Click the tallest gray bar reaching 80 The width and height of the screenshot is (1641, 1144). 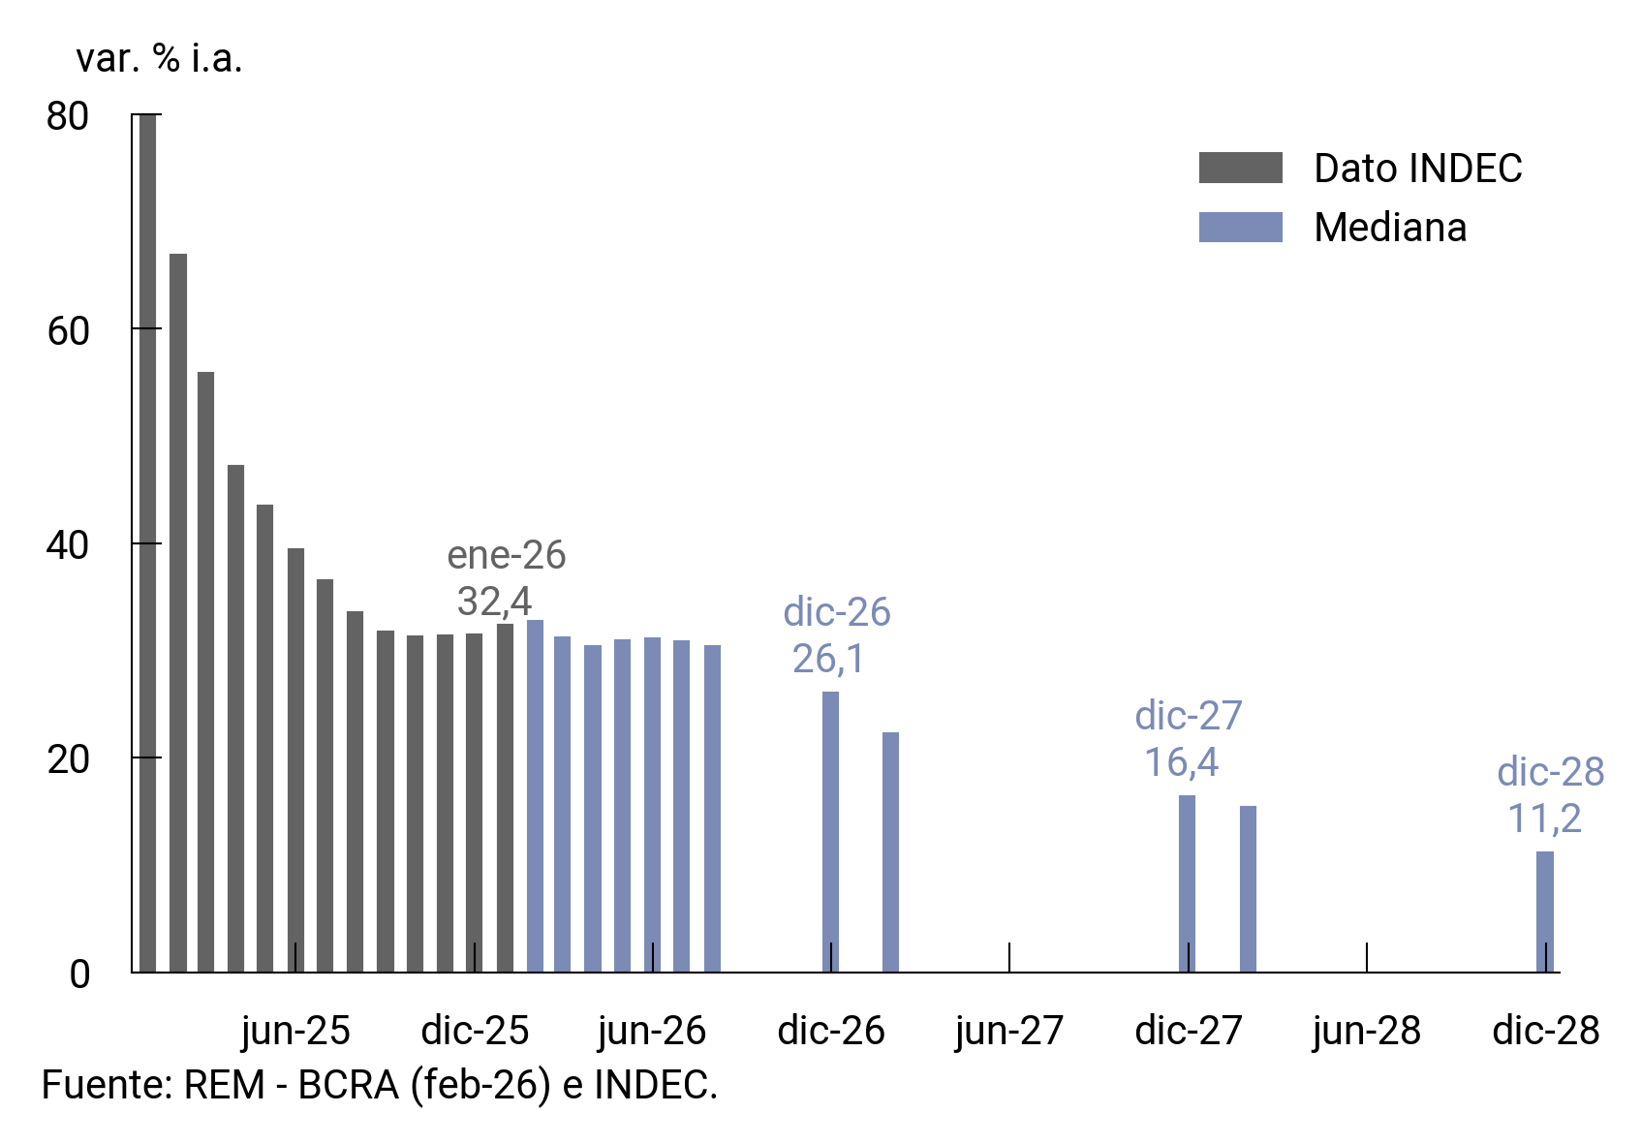pyautogui.click(x=147, y=542)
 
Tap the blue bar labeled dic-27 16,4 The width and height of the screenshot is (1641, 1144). pyautogui.click(x=1187, y=882)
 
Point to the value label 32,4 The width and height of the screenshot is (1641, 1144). pyautogui.click(x=494, y=602)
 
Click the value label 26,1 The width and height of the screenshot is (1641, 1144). pyautogui.click(x=828, y=659)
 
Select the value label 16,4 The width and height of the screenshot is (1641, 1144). pyautogui.click(x=1181, y=762)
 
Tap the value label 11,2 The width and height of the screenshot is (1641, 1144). pyautogui.click(x=1544, y=819)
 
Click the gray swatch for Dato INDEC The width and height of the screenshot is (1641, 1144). pyautogui.click(x=1240, y=168)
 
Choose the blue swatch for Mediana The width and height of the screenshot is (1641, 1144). pyautogui.click(x=1240, y=227)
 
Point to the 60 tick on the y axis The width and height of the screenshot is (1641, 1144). pyautogui.click(x=68, y=330)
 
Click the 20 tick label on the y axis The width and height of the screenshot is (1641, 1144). pyautogui.click(x=68, y=759)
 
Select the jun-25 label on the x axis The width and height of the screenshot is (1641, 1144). pyautogui.click(x=295, y=1031)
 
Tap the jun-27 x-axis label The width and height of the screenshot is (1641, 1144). pyautogui.click(x=1009, y=1031)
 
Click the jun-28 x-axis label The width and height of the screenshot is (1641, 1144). pyautogui.click(x=1366, y=1031)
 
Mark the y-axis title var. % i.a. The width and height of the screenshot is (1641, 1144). pyautogui.click(x=159, y=59)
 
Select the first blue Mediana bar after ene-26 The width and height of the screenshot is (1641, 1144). pyautogui.click(x=535, y=795)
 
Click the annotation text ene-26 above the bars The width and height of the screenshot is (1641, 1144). pyautogui.click(x=506, y=555)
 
